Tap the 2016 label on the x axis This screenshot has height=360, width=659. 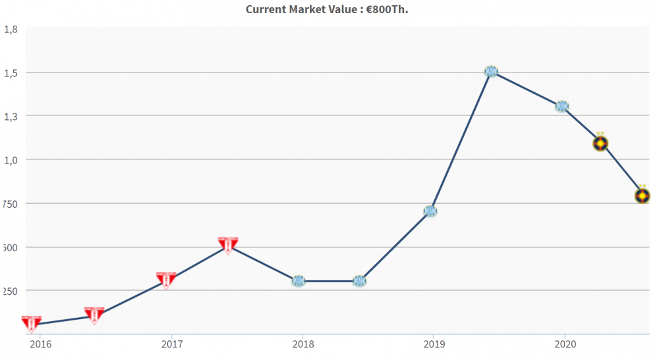coord(40,344)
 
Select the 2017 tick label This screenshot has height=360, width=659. coord(171,344)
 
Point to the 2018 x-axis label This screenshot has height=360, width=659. coord(302,344)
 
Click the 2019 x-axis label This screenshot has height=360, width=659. coord(433,344)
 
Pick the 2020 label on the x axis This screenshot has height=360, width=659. coord(564,344)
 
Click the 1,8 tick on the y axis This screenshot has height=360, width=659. coord(11,29)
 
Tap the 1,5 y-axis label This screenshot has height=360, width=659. coord(11,73)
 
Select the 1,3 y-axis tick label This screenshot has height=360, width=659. coord(11,116)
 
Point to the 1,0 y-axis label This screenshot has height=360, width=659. coord(11,160)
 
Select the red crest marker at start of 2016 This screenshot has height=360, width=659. coord(31,323)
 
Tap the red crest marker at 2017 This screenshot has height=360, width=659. coord(166,280)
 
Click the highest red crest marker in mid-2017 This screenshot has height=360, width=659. coord(228,245)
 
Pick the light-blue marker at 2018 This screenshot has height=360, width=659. coord(299,282)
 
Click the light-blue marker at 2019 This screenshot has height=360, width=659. coord(430,211)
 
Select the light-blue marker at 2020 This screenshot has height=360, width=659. coord(561,106)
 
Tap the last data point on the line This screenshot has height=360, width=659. coord(643,195)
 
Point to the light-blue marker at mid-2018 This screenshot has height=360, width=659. coord(359,282)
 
